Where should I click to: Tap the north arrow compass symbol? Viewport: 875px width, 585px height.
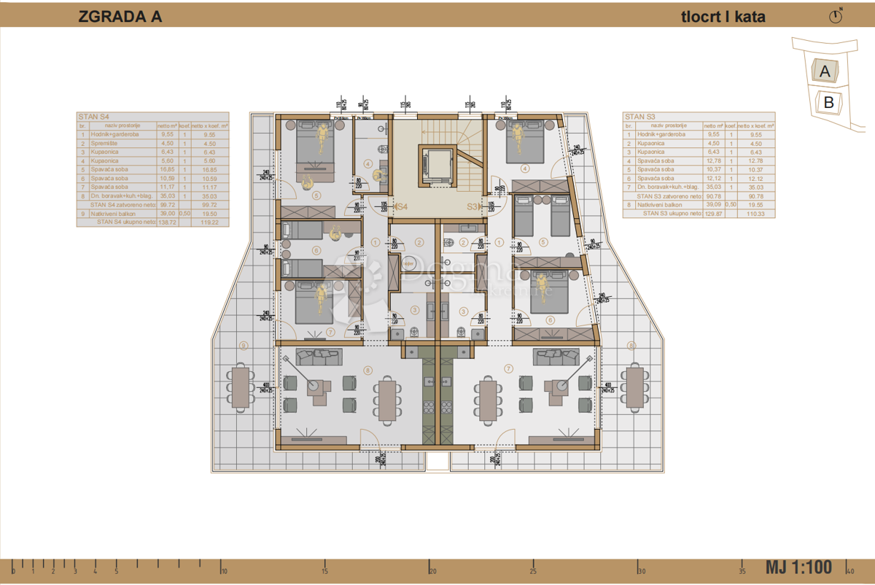[836, 17]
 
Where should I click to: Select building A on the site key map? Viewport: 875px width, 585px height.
[825, 71]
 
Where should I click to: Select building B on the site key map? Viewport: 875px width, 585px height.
[828, 102]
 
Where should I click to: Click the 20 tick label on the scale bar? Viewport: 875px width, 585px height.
[432, 571]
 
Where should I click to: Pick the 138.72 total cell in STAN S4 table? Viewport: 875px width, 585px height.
[169, 222]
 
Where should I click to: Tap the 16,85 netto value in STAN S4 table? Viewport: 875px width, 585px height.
[168, 169]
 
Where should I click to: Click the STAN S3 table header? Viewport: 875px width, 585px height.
[640, 117]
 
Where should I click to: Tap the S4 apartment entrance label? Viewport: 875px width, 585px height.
[400, 207]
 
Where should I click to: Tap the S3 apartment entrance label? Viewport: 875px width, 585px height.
[475, 207]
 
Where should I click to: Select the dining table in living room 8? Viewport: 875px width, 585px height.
[387, 400]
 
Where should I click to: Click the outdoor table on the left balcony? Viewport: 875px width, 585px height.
[241, 387]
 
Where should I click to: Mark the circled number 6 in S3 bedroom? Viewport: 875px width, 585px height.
[550, 319]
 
